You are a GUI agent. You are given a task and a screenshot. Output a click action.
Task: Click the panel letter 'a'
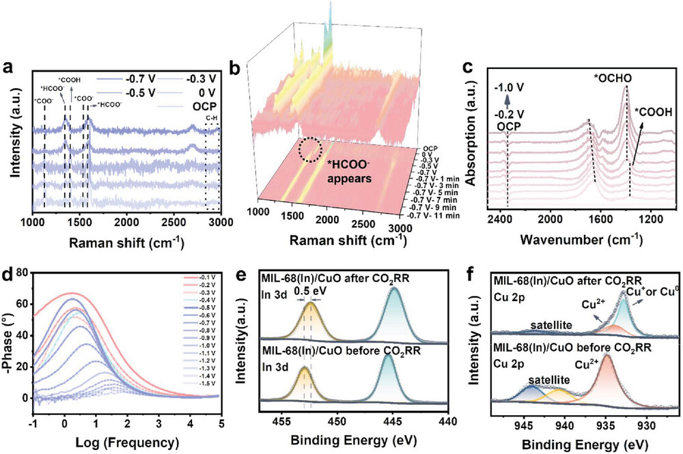coord(8,69)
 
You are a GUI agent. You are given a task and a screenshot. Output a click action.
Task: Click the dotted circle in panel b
coord(308,150)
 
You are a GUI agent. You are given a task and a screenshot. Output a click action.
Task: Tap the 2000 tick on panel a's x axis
coord(126,223)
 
